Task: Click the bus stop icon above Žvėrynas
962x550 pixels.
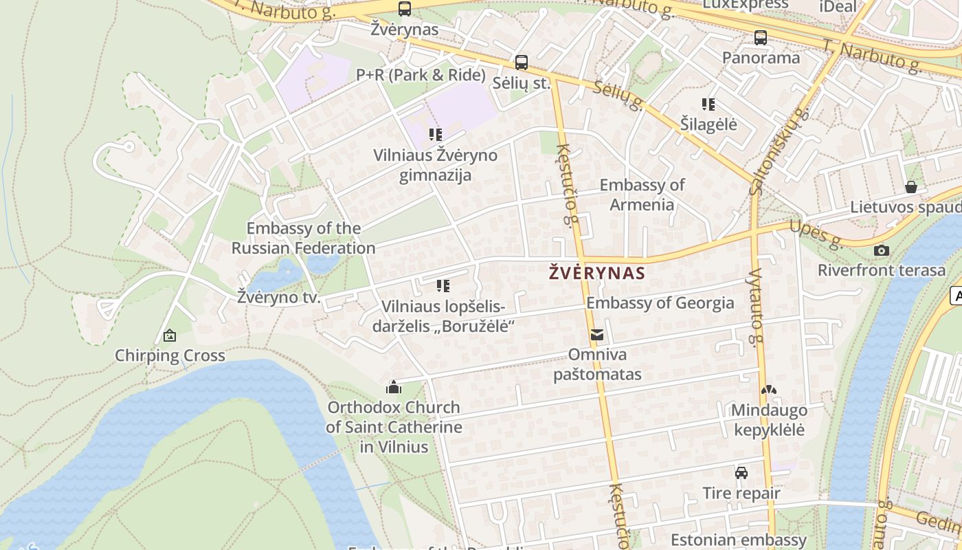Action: pos(405,9)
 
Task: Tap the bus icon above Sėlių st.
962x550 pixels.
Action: pos(522,63)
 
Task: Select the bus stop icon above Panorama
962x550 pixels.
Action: pos(761,38)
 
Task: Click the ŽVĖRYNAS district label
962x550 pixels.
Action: pos(597,273)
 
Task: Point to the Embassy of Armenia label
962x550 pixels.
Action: pos(642,195)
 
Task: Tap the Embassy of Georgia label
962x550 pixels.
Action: pos(660,303)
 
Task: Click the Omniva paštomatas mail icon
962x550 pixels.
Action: pos(597,335)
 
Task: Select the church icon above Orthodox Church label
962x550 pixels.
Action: pos(394,387)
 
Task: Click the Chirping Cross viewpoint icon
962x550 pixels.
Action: pos(170,335)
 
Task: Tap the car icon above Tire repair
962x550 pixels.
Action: pos(741,473)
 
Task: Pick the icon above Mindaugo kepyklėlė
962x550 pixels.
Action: pos(769,390)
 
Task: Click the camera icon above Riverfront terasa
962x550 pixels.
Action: pos(882,250)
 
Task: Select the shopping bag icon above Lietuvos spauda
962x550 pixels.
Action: pos(911,187)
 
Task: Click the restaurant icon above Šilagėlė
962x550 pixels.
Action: pos(708,104)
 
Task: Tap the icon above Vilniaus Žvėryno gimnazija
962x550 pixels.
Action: pos(436,135)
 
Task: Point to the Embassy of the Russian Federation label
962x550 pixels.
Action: pos(303,238)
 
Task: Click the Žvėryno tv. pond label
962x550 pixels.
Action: pos(279,298)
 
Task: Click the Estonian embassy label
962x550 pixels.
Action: pos(738,540)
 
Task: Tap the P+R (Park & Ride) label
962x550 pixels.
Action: pos(421,75)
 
